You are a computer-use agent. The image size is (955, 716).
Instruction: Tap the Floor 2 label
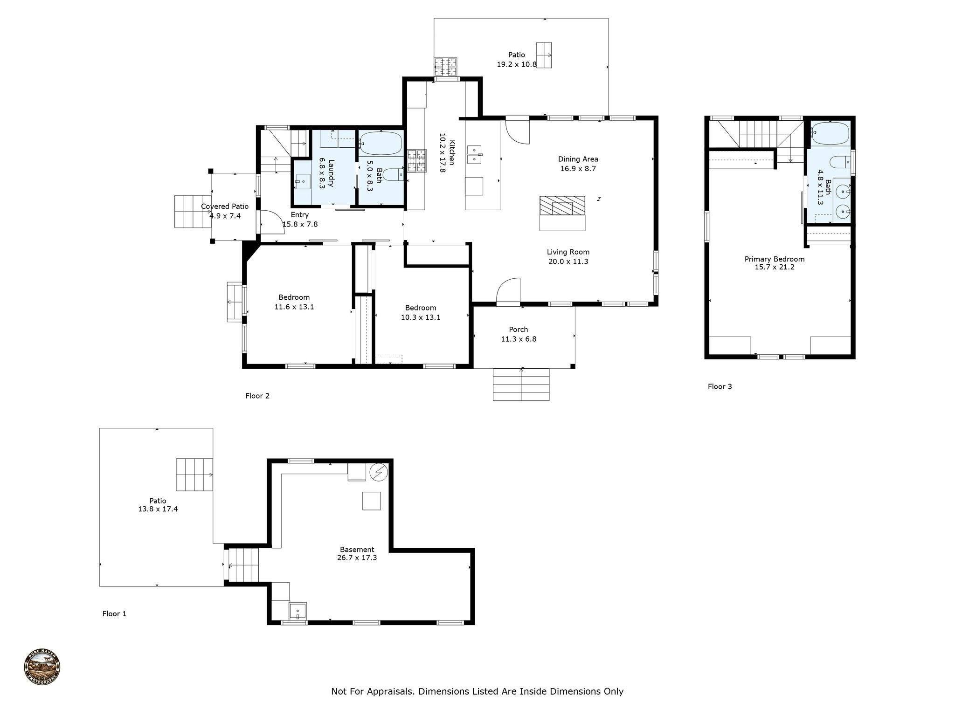(x=257, y=396)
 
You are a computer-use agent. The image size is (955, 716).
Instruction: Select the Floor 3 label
(x=720, y=386)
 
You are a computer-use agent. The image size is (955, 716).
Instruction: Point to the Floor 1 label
(x=114, y=614)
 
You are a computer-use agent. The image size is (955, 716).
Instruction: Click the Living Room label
(x=568, y=252)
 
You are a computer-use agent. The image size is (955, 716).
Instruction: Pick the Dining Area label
(x=578, y=159)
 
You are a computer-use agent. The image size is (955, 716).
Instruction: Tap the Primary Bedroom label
(x=775, y=259)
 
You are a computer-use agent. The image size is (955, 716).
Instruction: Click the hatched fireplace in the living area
(x=562, y=206)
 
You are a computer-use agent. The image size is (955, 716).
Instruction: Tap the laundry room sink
(x=303, y=181)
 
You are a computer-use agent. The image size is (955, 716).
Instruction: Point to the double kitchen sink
(x=475, y=155)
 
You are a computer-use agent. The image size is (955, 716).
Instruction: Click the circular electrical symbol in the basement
(x=379, y=473)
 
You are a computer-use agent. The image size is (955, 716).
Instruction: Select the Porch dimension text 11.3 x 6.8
(x=519, y=339)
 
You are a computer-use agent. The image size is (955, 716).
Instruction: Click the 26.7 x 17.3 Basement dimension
(x=357, y=558)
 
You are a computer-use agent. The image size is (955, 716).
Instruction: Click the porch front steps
(x=521, y=385)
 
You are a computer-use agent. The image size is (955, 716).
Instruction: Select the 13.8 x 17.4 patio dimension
(x=158, y=509)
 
